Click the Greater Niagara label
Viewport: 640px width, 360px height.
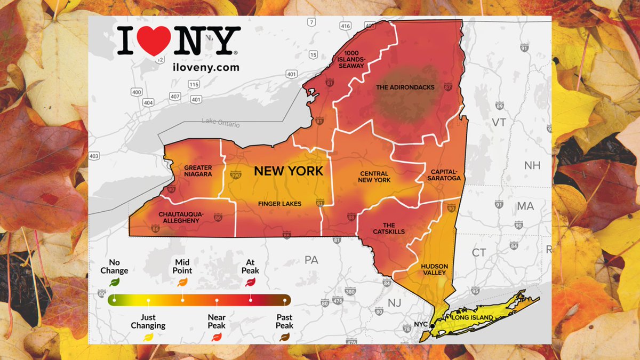(x=198, y=171)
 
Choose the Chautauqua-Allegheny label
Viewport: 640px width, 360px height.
(x=179, y=217)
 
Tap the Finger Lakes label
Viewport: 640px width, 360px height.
(x=279, y=204)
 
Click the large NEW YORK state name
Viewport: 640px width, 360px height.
(x=288, y=171)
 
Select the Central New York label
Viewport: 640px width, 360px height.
(x=375, y=177)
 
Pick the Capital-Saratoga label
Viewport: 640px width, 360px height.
(x=443, y=175)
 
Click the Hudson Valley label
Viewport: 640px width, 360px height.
(x=434, y=269)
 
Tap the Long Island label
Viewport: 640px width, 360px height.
(x=471, y=318)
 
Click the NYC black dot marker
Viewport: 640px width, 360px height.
(x=433, y=325)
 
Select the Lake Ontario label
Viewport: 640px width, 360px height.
(x=221, y=123)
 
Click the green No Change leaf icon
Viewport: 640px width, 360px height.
(x=114, y=282)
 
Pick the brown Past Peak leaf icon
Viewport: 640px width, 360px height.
(x=284, y=337)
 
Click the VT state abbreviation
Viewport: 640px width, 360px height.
(x=499, y=123)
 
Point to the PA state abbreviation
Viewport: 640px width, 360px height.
(x=311, y=261)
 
